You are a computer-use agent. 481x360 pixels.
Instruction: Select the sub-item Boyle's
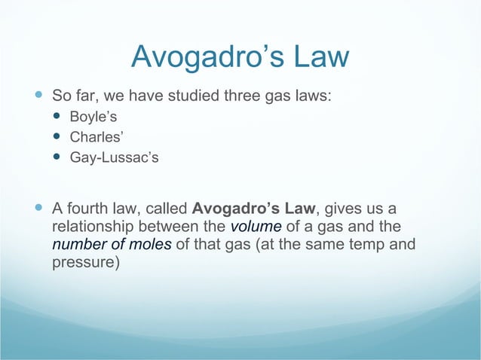(x=92, y=117)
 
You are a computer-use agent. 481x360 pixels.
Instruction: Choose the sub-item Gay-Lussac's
(x=114, y=158)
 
